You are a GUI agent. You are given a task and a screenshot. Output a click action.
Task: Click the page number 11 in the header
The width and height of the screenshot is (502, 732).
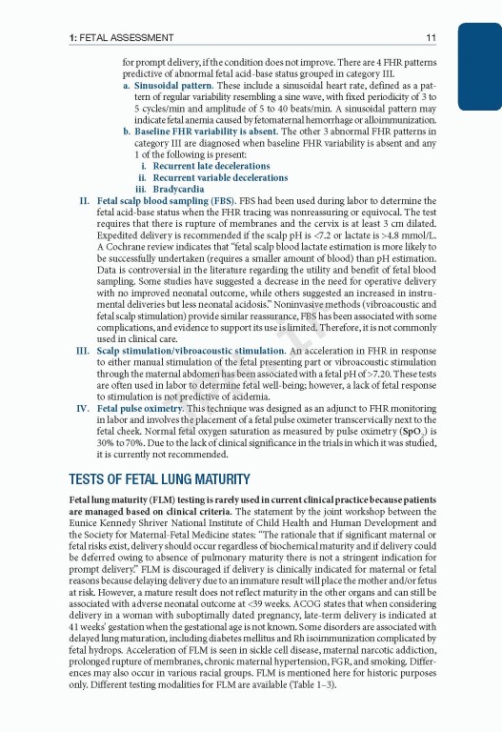coord(432,38)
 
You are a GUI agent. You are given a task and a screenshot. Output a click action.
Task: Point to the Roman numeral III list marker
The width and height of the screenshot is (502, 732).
coord(82,351)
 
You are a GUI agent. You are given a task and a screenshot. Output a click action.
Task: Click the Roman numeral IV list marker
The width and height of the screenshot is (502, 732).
coord(82,408)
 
